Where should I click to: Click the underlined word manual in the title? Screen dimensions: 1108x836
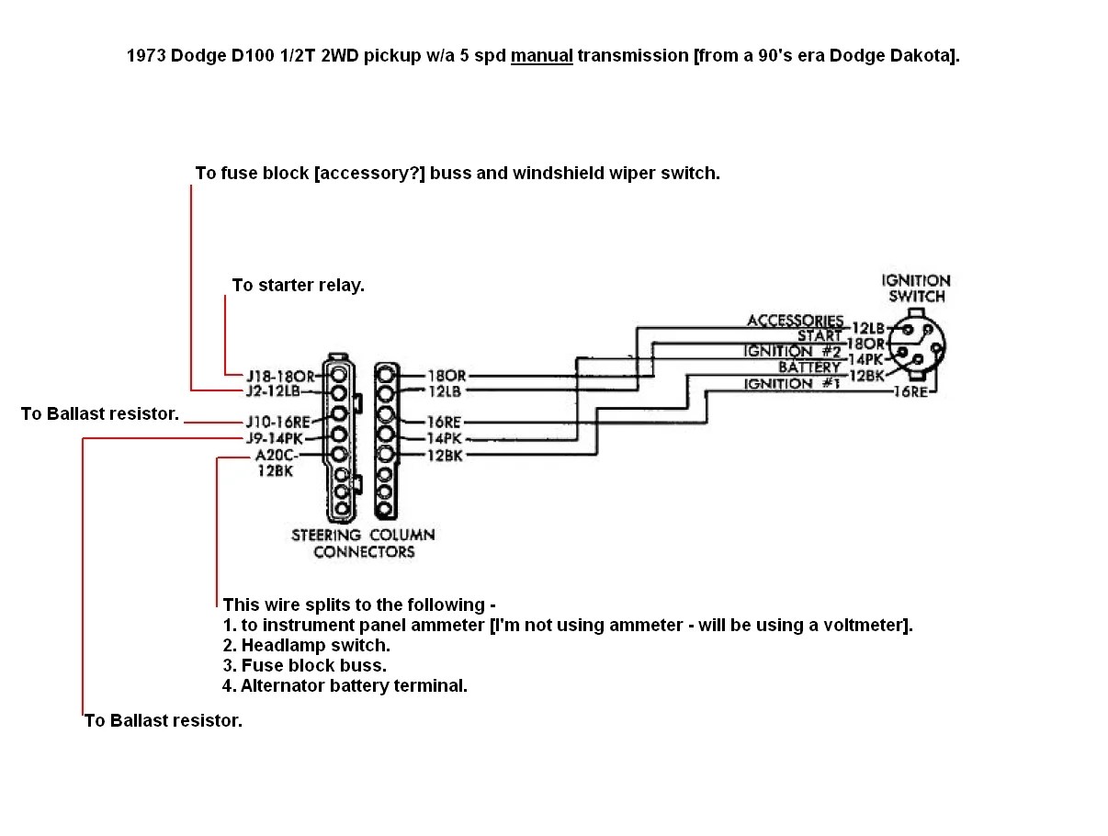[x=541, y=55]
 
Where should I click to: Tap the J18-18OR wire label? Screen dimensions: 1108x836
[x=280, y=376]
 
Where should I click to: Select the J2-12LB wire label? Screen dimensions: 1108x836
[x=273, y=391]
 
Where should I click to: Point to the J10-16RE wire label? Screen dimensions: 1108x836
[x=278, y=422]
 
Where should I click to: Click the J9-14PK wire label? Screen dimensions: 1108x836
[x=275, y=438]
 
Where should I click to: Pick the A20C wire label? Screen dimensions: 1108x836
[x=275, y=455]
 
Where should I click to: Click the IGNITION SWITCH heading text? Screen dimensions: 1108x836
[x=916, y=288]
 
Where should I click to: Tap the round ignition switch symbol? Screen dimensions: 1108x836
[x=917, y=346]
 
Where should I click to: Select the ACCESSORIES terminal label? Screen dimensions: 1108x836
[x=795, y=321]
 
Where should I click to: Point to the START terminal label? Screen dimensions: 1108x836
[x=820, y=335]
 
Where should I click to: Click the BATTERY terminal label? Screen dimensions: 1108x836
[x=809, y=367]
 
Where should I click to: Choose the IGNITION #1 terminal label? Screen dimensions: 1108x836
[x=791, y=384]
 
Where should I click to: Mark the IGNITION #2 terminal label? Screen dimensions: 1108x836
[x=792, y=351]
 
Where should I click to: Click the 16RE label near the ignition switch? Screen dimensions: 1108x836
[x=910, y=392]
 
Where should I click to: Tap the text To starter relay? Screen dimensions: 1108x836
[x=298, y=285]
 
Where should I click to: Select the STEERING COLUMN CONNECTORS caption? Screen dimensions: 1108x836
[x=363, y=543]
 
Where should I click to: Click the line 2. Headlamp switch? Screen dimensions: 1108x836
[x=307, y=645]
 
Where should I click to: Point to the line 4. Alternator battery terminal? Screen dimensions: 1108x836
[x=345, y=685]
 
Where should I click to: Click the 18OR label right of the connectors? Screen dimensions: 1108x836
[x=447, y=376]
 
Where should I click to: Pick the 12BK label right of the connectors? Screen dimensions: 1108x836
[x=445, y=456]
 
